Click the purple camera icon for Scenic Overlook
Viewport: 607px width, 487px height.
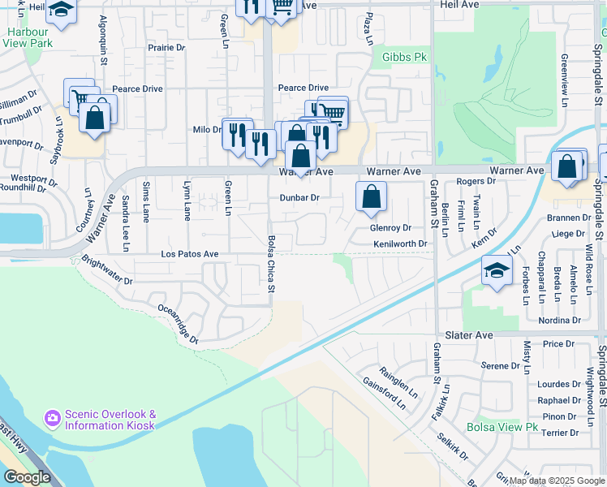(53, 417)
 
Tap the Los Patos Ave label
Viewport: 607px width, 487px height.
(189, 254)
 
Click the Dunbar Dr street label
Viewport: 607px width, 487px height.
(300, 197)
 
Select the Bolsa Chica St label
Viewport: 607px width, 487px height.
(270, 266)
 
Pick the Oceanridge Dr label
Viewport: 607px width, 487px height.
(178, 324)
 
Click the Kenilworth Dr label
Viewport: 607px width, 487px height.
(400, 243)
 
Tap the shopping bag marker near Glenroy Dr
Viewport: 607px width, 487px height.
(371, 197)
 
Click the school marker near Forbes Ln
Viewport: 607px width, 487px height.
(497, 271)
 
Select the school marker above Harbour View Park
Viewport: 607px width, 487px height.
(60, 11)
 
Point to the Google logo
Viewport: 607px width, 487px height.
(27, 478)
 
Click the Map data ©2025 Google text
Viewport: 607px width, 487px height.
(556, 481)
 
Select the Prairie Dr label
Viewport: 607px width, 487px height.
(166, 48)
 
